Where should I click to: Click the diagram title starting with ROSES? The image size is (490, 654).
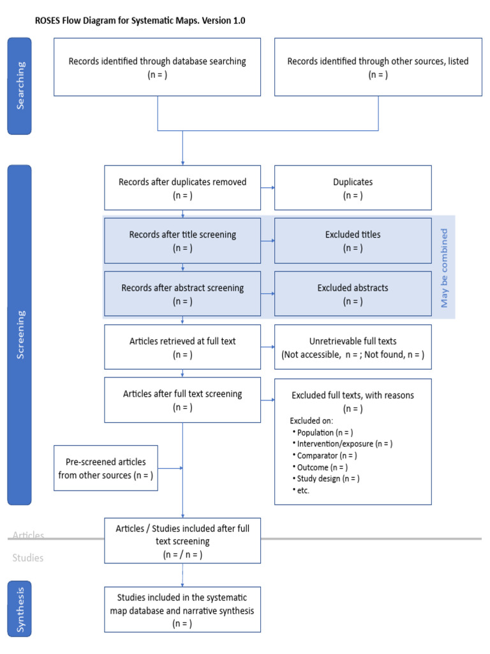click(x=140, y=20)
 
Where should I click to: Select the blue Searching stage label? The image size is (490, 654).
click(x=19, y=86)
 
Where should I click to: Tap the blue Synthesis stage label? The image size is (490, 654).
click(x=19, y=609)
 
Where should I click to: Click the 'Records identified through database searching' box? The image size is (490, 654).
click(x=157, y=67)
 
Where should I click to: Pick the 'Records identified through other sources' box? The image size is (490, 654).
click(x=378, y=67)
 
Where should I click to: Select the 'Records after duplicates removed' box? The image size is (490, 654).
click(x=182, y=188)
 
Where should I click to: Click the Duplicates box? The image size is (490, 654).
click(x=353, y=188)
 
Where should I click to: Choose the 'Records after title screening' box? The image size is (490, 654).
click(x=182, y=241)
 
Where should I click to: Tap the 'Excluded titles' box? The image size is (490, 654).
click(x=353, y=241)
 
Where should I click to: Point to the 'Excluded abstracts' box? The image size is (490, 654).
click(x=353, y=294)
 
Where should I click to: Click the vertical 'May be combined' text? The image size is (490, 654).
click(x=445, y=268)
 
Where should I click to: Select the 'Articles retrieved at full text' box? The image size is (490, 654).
click(x=182, y=347)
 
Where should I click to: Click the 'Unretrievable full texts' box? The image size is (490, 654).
click(x=353, y=347)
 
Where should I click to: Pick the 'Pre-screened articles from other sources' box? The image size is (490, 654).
click(x=106, y=468)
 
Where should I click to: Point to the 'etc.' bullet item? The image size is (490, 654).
click(x=302, y=490)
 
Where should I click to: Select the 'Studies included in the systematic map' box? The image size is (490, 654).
click(x=182, y=609)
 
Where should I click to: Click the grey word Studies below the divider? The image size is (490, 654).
click(x=28, y=558)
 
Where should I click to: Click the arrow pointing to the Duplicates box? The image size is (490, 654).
click(x=268, y=188)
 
